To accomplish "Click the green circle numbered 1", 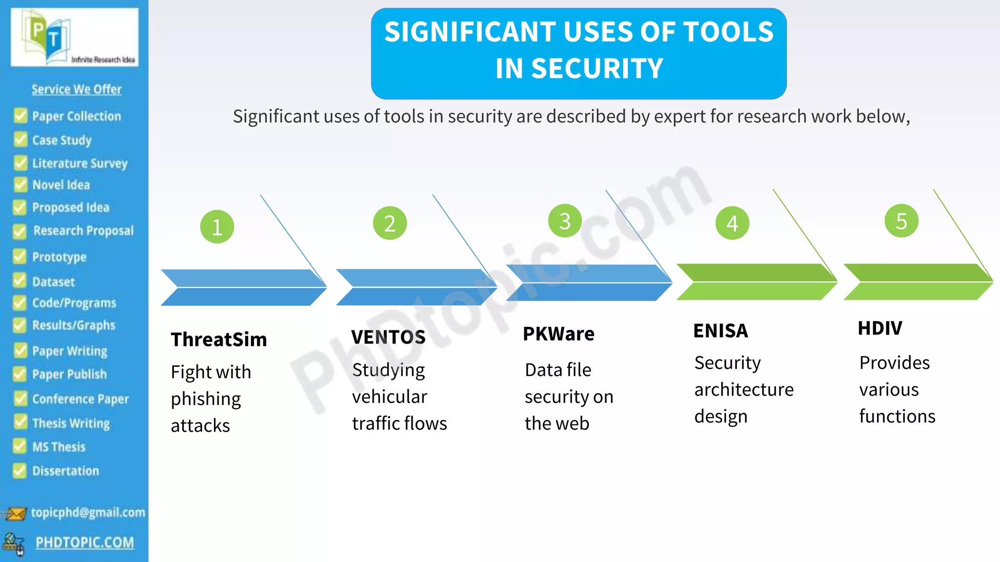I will (x=217, y=227).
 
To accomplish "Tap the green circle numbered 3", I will (x=565, y=221).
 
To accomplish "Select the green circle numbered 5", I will (x=901, y=221).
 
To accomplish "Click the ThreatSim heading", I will (x=219, y=340).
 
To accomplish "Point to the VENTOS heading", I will (x=388, y=337).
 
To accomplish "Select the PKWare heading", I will (x=559, y=334).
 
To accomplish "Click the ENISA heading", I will (x=721, y=331).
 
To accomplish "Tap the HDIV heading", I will (x=880, y=328).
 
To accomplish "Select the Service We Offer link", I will (x=77, y=89).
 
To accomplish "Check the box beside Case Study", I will (x=21, y=140).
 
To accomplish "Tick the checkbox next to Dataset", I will (x=20, y=281).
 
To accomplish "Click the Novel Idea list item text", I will (x=61, y=185).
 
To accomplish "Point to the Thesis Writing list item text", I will (x=71, y=423).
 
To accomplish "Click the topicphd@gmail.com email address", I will (x=88, y=512).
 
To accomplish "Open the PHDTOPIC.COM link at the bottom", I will (x=84, y=542).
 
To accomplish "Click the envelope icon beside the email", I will (x=15, y=513).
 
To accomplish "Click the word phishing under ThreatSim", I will (x=206, y=399).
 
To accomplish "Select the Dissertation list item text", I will (x=65, y=471).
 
